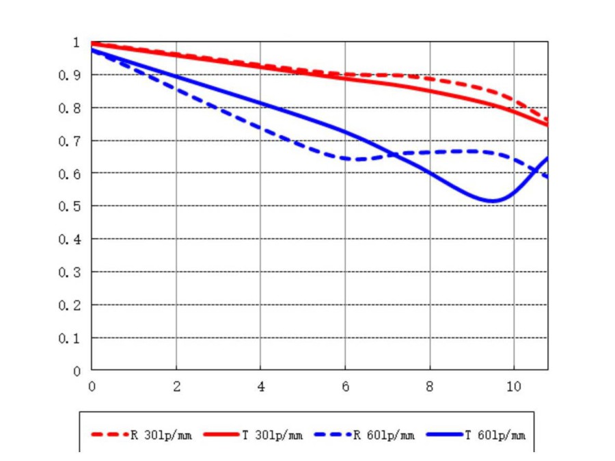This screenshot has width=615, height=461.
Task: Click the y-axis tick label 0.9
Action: pos(70,75)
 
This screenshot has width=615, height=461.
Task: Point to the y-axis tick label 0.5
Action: pos(70,206)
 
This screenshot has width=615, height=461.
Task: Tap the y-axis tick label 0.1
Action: pos(70,338)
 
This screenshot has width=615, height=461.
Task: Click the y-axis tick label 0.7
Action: pos(70,140)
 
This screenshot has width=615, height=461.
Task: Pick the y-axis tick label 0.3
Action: pos(70,272)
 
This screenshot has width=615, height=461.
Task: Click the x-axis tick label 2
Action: pos(176,386)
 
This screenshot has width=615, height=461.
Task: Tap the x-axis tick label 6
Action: pos(346,386)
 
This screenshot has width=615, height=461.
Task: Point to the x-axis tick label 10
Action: pos(514,386)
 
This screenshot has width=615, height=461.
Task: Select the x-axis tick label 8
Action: pos(430,386)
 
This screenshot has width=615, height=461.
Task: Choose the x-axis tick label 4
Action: pos(260,386)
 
